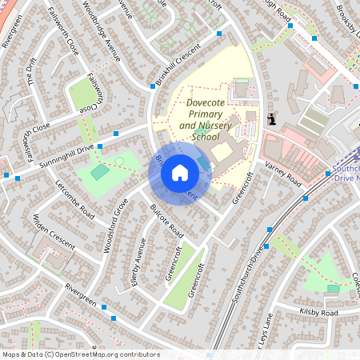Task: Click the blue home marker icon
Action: coord(180,173)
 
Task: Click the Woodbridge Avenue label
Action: coord(101,39)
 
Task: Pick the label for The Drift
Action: coord(32,73)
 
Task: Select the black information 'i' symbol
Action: coord(273,119)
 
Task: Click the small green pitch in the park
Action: coord(99,172)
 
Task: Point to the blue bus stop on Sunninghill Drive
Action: coord(116,134)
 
